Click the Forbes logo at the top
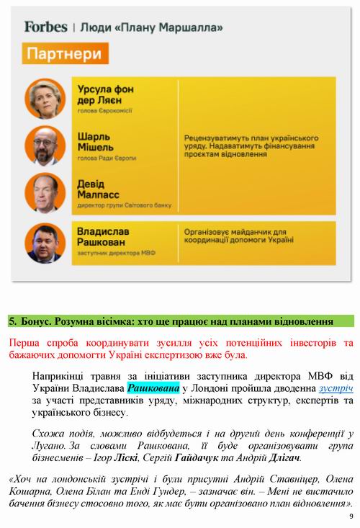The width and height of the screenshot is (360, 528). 45,27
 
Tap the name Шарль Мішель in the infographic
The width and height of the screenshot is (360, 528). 96,140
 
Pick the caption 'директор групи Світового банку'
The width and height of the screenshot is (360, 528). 124,205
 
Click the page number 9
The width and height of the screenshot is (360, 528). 350,516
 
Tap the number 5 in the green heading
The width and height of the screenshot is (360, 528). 12,321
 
